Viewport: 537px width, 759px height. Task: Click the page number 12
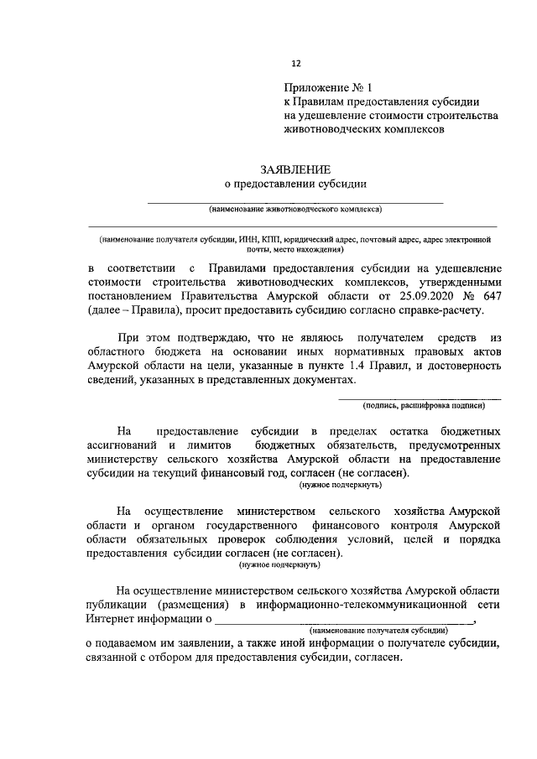tap(295, 62)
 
